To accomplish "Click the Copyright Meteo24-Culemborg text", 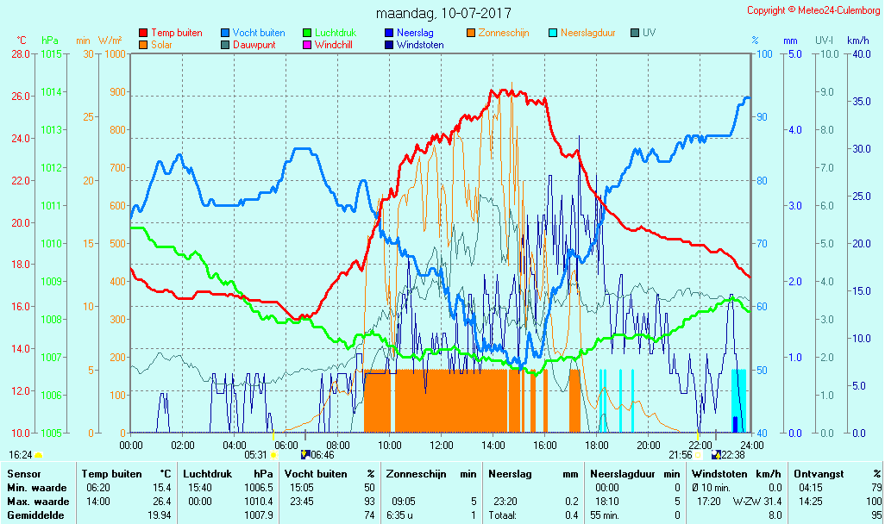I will (813, 10).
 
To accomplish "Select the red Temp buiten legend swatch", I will (143, 33).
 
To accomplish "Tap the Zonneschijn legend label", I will (504, 33).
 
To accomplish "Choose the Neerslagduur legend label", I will (587, 33).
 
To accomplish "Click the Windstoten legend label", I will (420, 45).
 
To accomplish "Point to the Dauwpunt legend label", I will (254, 45).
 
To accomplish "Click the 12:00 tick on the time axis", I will (442, 445).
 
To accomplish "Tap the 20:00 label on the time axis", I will (649, 445).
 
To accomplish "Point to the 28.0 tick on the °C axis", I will (21, 53).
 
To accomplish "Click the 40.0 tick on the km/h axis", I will (858, 53).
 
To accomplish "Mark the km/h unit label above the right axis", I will (857, 41).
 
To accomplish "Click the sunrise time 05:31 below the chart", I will (256, 454).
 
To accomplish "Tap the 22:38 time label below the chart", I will (732, 454).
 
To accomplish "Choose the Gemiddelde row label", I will (33, 515).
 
